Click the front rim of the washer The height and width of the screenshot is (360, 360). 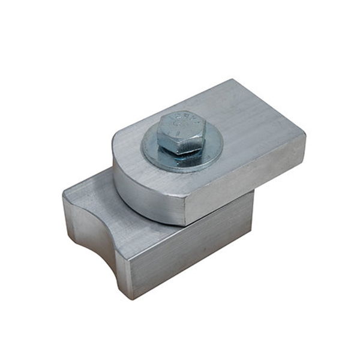(180, 166)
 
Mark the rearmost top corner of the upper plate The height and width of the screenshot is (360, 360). (232, 80)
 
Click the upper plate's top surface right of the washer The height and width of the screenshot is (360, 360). (252, 129)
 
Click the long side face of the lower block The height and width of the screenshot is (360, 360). (192, 252)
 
